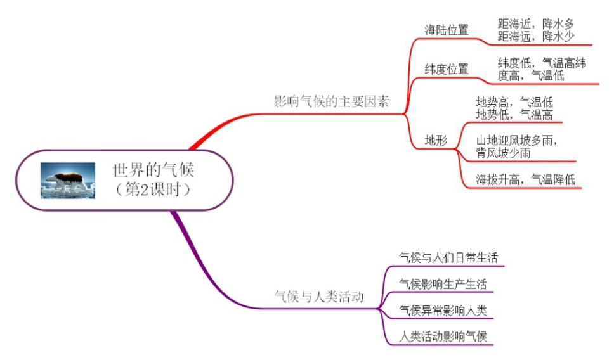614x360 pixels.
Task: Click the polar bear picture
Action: [69, 180]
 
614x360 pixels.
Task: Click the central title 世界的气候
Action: [156, 170]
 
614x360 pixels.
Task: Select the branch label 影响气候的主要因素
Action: [331, 101]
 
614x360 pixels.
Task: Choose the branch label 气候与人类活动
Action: [318, 296]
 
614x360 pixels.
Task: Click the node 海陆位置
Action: [447, 30]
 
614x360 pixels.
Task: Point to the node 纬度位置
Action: [447, 68]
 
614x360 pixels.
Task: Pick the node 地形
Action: [436, 140]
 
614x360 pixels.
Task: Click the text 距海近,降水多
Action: [536, 23]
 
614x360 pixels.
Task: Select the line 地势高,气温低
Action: [514, 101]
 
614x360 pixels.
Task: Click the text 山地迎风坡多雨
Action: [518, 140]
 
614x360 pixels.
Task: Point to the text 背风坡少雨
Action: [504, 153]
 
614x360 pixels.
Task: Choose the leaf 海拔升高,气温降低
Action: [526, 179]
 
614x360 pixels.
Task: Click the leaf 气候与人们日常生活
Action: [448, 257]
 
